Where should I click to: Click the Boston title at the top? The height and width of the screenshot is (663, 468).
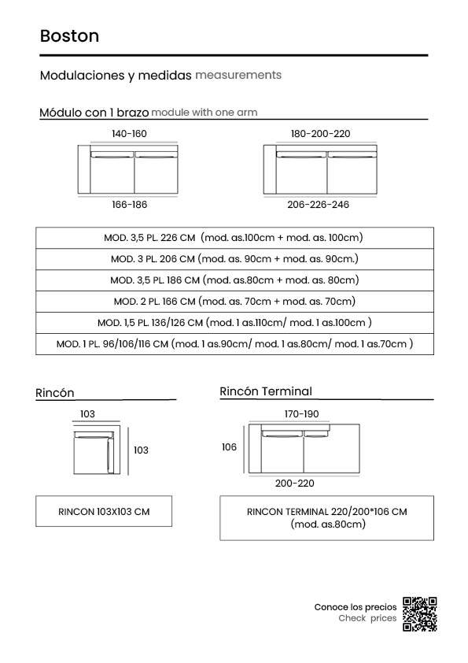[70, 36]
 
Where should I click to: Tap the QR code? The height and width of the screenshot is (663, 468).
[419, 614]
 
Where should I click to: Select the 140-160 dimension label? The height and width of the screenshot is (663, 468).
[129, 134]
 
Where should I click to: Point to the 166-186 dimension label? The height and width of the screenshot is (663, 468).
[129, 205]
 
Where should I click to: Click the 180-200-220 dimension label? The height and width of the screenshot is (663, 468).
[321, 134]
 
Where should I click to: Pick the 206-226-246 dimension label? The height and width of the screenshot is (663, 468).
[318, 205]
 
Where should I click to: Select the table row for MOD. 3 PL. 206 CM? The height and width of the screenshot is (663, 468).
[235, 259]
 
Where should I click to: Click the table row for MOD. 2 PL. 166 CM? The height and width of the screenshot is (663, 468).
[235, 302]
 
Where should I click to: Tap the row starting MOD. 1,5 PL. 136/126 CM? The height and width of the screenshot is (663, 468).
[235, 323]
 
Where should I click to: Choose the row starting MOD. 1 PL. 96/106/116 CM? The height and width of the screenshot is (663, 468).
[235, 344]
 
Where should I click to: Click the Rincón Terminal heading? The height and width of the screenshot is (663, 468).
[266, 391]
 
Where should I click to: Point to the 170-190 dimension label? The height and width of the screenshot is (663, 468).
[301, 414]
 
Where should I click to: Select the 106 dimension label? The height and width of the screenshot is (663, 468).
[229, 447]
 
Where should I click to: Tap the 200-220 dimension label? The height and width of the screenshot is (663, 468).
[295, 483]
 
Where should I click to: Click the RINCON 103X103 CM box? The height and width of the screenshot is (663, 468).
[104, 511]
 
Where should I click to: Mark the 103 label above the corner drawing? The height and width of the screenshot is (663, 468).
[87, 414]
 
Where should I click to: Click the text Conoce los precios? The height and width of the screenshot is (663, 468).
[356, 607]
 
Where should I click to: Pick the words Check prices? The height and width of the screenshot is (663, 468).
[367, 618]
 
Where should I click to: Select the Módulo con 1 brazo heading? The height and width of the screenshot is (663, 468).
[94, 113]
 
